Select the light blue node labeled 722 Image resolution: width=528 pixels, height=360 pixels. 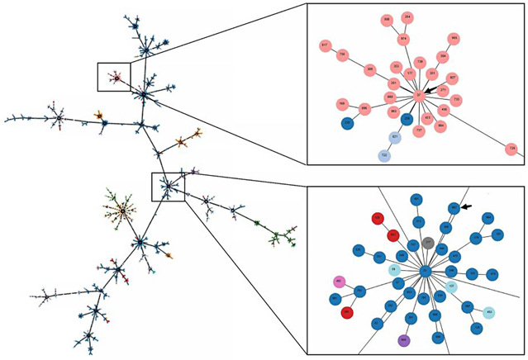pos(384,155)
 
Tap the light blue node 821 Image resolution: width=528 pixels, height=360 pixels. pos(396,136)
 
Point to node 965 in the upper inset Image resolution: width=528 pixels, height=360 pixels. pos(454,39)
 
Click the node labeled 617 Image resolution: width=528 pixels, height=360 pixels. pos(326,45)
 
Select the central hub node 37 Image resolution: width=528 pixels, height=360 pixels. pos(420,96)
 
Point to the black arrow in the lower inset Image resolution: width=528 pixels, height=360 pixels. pos(468,208)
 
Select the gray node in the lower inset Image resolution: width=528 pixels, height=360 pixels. pos(428,243)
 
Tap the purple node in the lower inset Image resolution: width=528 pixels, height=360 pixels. pos(403,340)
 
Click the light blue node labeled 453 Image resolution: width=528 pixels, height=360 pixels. pos(489,312)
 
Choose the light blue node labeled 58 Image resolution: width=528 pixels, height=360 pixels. pos(394,269)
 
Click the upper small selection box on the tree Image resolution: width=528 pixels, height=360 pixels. pos(113,77)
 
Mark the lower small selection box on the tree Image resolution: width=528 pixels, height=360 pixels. pos(168,187)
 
